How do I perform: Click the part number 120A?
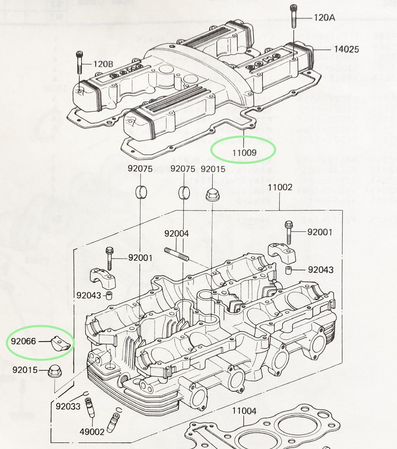[324, 18]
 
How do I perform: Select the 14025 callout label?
[346, 49]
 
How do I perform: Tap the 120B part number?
[103, 64]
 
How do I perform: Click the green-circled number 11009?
[243, 152]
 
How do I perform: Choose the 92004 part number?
[176, 233]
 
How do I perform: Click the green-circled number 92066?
[24, 341]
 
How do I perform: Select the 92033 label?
[68, 406]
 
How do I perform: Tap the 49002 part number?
[92, 432]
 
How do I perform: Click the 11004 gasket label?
[244, 411]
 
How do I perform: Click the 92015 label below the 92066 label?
[25, 370]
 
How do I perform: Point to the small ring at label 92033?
[86, 393]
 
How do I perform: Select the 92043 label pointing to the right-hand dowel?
[321, 269]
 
